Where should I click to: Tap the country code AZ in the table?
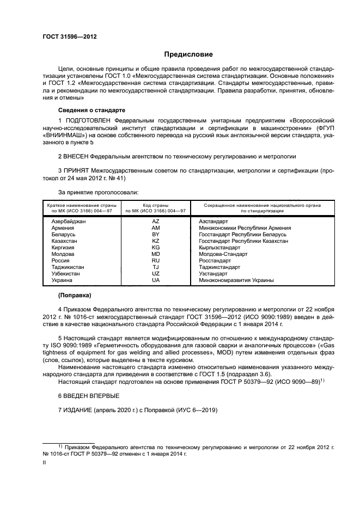point(155,222)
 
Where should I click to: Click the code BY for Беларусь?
point(155,235)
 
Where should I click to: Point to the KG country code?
point(155,248)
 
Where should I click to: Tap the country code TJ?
point(155,267)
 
